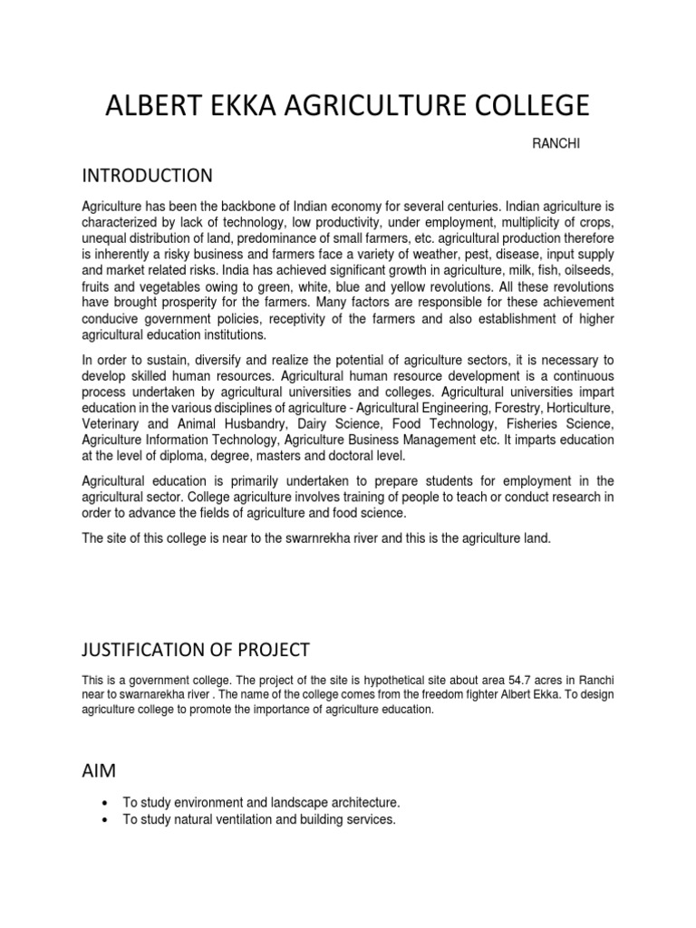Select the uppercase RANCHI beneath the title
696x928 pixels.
pos(548,144)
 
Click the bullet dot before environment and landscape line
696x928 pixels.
pos(108,804)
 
